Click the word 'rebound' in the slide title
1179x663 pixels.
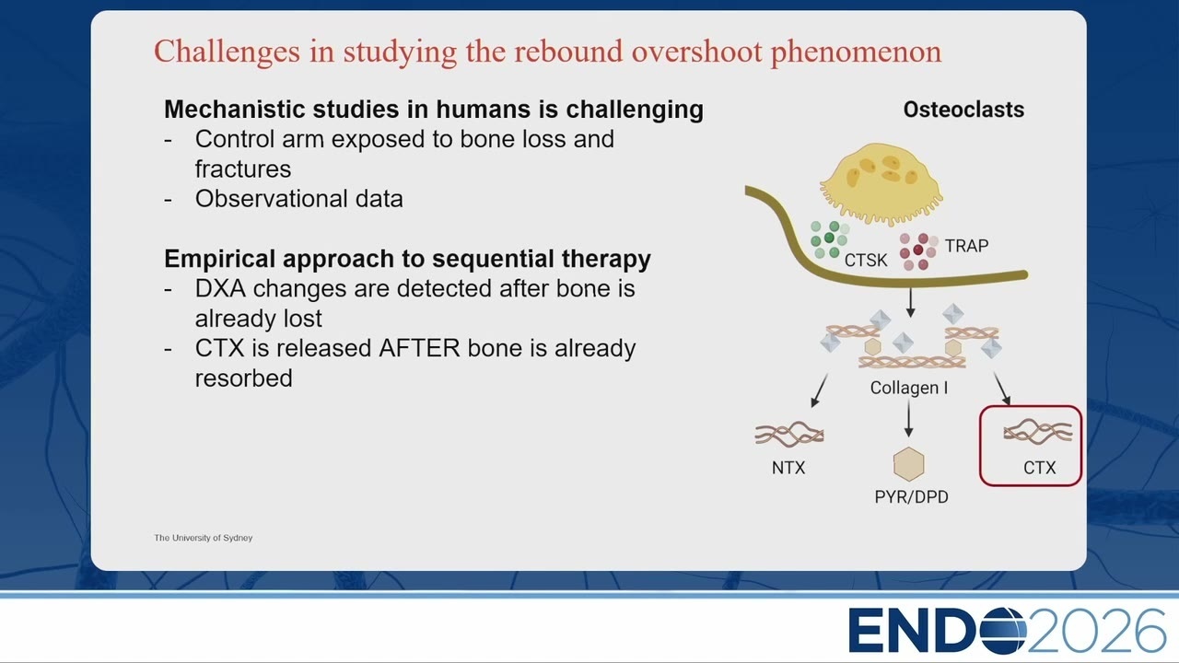click(x=568, y=52)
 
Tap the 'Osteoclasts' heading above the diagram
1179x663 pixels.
click(x=963, y=110)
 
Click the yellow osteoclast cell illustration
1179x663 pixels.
click(x=881, y=183)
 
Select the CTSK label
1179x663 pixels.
click(x=866, y=260)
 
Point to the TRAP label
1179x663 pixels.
click(x=966, y=246)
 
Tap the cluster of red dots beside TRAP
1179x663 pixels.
click(x=918, y=251)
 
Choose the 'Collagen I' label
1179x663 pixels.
click(x=909, y=388)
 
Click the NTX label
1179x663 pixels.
click(x=788, y=468)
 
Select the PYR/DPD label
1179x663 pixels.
click(x=912, y=496)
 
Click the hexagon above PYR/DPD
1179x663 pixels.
click(x=909, y=464)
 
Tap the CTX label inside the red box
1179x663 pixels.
click(x=1040, y=468)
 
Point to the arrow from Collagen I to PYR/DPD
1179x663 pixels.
click(x=908, y=418)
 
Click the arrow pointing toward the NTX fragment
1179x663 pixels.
click(x=819, y=390)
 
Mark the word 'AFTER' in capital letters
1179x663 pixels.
click(x=419, y=348)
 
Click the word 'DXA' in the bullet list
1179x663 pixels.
click(x=220, y=289)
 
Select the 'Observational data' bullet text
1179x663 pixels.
click(x=299, y=199)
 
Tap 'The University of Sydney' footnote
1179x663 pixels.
click(x=204, y=538)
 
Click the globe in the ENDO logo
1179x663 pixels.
click(x=1003, y=631)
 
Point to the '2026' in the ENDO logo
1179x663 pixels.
click(x=1097, y=631)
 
